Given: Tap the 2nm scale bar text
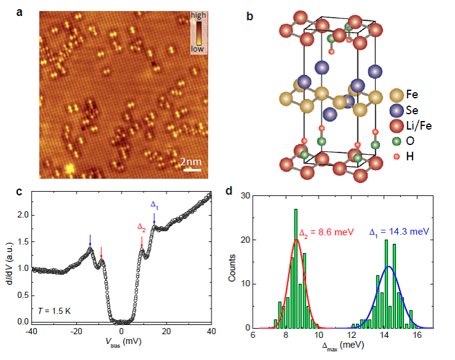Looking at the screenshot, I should [191, 162].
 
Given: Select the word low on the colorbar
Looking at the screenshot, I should [199, 49].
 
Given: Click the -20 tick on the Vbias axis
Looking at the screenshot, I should [77, 332].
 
